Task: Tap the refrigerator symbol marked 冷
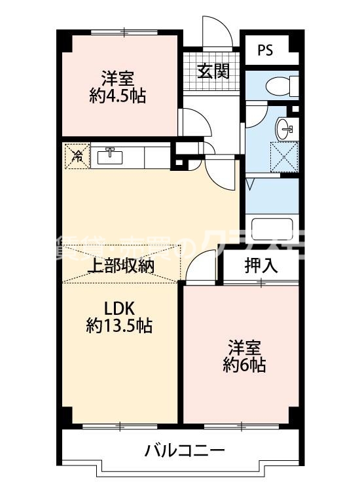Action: (77, 156)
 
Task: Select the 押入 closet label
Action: (261, 265)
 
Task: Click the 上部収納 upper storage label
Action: (120, 266)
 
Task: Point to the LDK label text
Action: (120, 307)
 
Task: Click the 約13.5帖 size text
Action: (120, 325)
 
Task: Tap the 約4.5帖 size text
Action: (118, 96)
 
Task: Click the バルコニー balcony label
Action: (185, 450)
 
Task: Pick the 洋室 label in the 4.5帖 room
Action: (118, 78)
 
